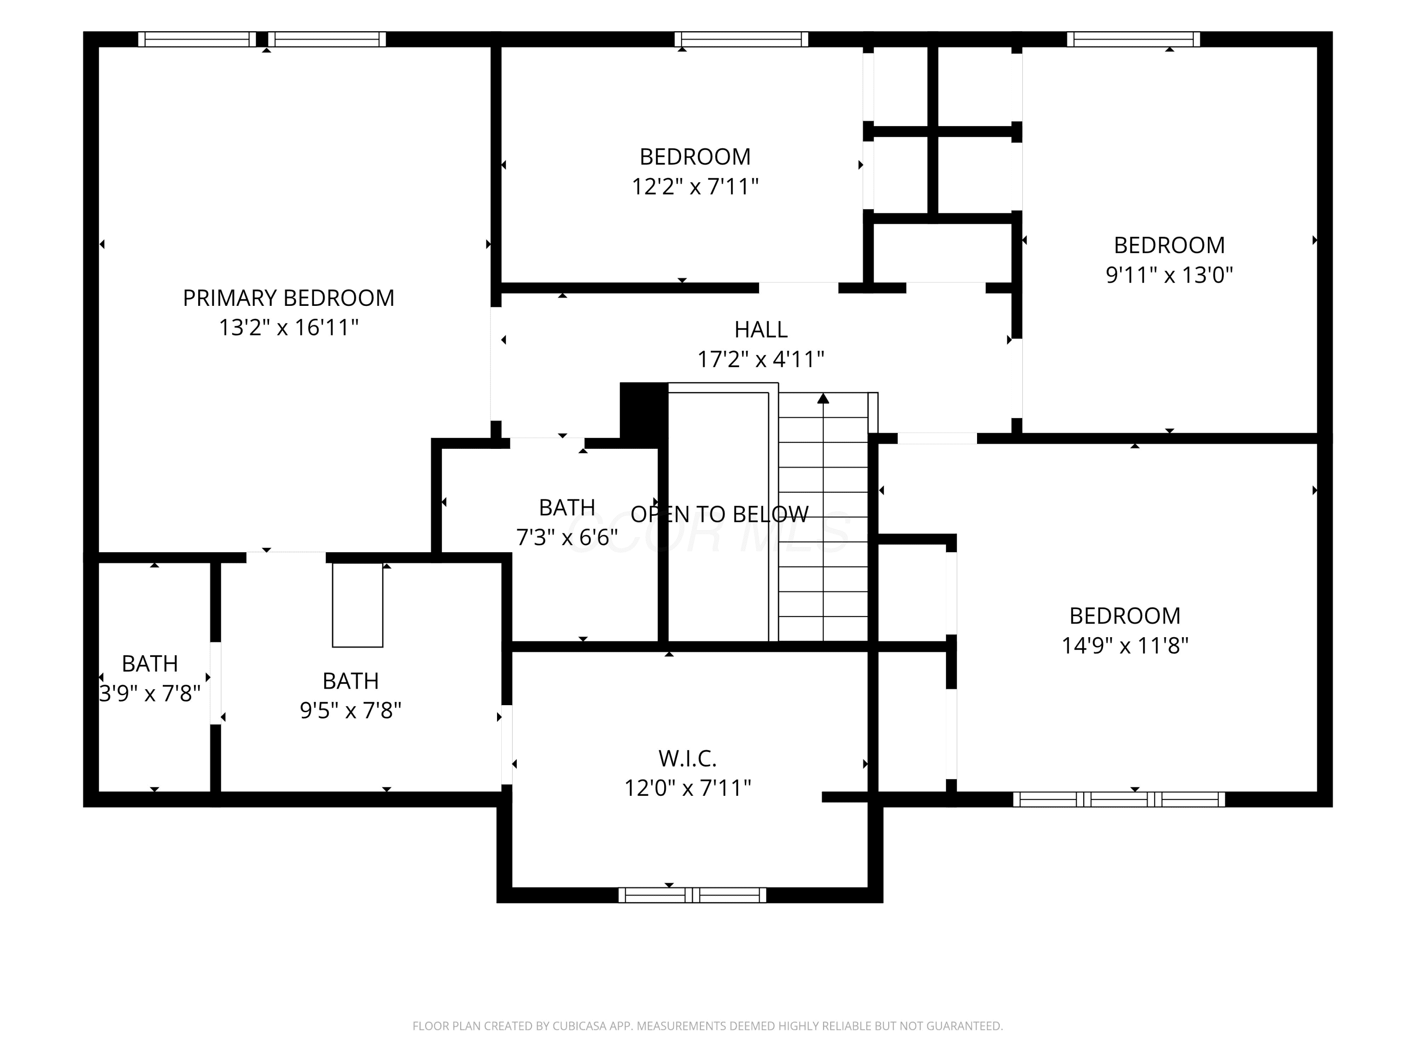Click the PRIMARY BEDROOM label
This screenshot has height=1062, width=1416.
pyautogui.click(x=289, y=298)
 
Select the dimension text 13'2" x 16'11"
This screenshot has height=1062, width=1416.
pyautogui.click(x=289, y=328)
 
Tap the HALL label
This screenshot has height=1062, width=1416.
pyautogui.click(x=760, y=329)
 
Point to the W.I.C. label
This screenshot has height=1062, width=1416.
pyautogui.click(x=688, y=759)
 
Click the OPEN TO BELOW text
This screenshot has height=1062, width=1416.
pyautogui.click(x=719, y=514)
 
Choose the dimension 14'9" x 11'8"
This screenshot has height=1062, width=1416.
pyautogui.click(x=1125, y=645)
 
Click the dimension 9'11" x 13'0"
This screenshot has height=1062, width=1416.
pyautogui.click(x=1169, y=275)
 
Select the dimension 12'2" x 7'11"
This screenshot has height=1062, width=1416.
pyautogui.click(x=695, y=187)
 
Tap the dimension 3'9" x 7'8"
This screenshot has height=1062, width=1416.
pyautogui.click(x=150, y=693)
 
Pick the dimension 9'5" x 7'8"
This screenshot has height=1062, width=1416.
pyautogui.click(x=350, y=710)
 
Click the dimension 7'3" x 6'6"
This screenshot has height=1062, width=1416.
pyautogui.click(x=567, y=537)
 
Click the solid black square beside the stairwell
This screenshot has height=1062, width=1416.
pyautogui.click(x=644, y=410)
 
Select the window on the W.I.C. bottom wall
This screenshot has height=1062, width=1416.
pyautogui.click(x=692, y=895)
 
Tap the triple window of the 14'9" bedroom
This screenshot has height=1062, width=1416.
pyautogui.click(x=1119, y=799)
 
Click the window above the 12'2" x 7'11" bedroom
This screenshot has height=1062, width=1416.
pyautogui.click(x=742, y=39)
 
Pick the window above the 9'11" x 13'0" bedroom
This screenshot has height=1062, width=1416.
pyautogui.click(x=1134, y=39)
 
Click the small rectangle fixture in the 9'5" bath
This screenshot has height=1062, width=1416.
pyautogui.click(x=358, y=605)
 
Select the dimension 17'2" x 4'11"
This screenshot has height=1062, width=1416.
pyautogui.click(x=760, y=360)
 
